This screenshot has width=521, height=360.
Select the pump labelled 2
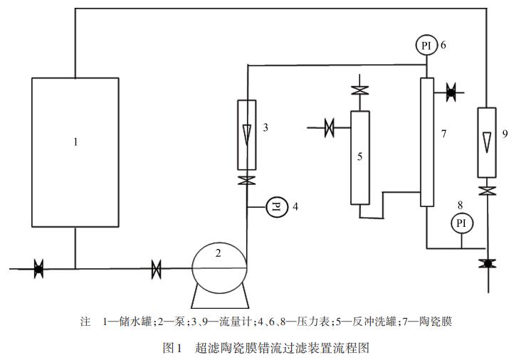(x=219, y=268)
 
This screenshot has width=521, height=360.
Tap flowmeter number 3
(x=246, y=136)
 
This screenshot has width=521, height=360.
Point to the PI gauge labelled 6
(x=426, y=45)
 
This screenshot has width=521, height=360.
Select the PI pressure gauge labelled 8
(x=461, y=223)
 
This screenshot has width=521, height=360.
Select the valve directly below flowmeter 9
(x=486, y=191)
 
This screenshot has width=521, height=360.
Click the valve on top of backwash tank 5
(x=360, y=91)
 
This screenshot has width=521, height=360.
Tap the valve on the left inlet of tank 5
(x=330, y=129)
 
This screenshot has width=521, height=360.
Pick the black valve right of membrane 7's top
(x=451, y=91)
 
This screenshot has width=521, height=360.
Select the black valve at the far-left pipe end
(x=38, y=269)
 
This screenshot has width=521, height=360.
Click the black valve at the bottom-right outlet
(x=486, y=263)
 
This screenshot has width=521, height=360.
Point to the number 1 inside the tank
(x=75, y=142)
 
